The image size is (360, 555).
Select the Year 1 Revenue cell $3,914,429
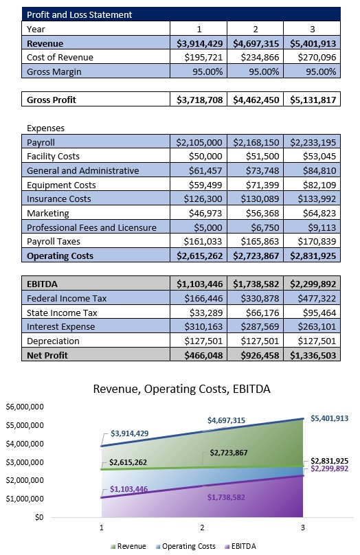[x=200, y=43]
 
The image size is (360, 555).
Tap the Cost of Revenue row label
[x=60, y=58]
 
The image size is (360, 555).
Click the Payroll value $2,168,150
[x=257, y=142]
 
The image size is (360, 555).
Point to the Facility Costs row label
[x=53, y=157]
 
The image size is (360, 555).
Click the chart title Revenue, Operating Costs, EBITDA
[x=181, y=389]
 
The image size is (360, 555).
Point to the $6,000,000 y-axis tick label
[x=25, y=407]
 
